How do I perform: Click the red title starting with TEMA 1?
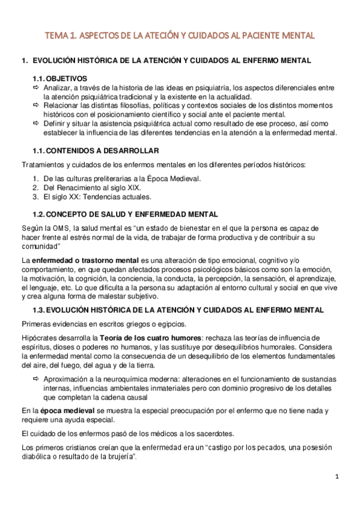(x=180, y=36)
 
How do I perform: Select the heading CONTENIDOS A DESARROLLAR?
(x=96, y=150)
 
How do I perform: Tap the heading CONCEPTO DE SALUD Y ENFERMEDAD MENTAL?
(x=124, y=214)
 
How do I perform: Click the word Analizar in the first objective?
(x=59, y=88)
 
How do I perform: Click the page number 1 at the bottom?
(x=338, y=477)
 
